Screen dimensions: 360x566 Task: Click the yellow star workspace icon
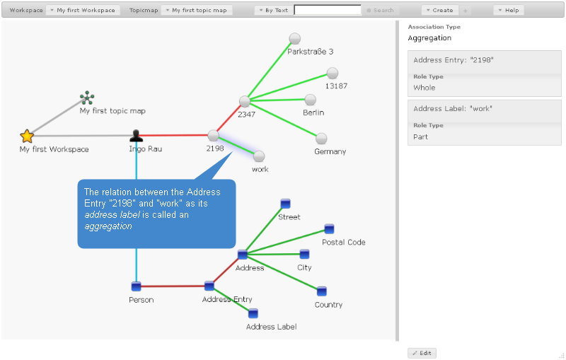point(27,136)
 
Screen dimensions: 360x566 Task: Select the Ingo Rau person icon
point(137,136)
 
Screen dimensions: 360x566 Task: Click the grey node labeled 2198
point(214,135)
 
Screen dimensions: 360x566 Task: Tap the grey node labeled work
point(259,156)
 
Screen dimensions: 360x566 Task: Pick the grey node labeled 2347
point(245,101)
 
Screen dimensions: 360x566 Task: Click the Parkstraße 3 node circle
point(295,38)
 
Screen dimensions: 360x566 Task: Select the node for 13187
point(333,73)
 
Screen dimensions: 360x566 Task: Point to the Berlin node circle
point(310,100)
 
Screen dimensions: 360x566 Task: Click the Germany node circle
point(321,138)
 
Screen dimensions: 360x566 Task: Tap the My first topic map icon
point(87,98)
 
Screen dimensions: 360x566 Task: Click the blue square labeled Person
point(137,286)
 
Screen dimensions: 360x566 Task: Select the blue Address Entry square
point(209,286)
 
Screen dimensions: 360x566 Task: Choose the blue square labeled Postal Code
point(329,228)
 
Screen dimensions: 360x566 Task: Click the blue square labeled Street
point(285,204)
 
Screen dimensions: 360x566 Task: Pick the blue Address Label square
point(253,313)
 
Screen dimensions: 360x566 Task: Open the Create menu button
point(439,11)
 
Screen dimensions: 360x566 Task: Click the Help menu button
point(509,11)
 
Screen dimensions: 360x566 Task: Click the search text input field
point(328,11)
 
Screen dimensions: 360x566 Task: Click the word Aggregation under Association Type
point(429,38)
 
